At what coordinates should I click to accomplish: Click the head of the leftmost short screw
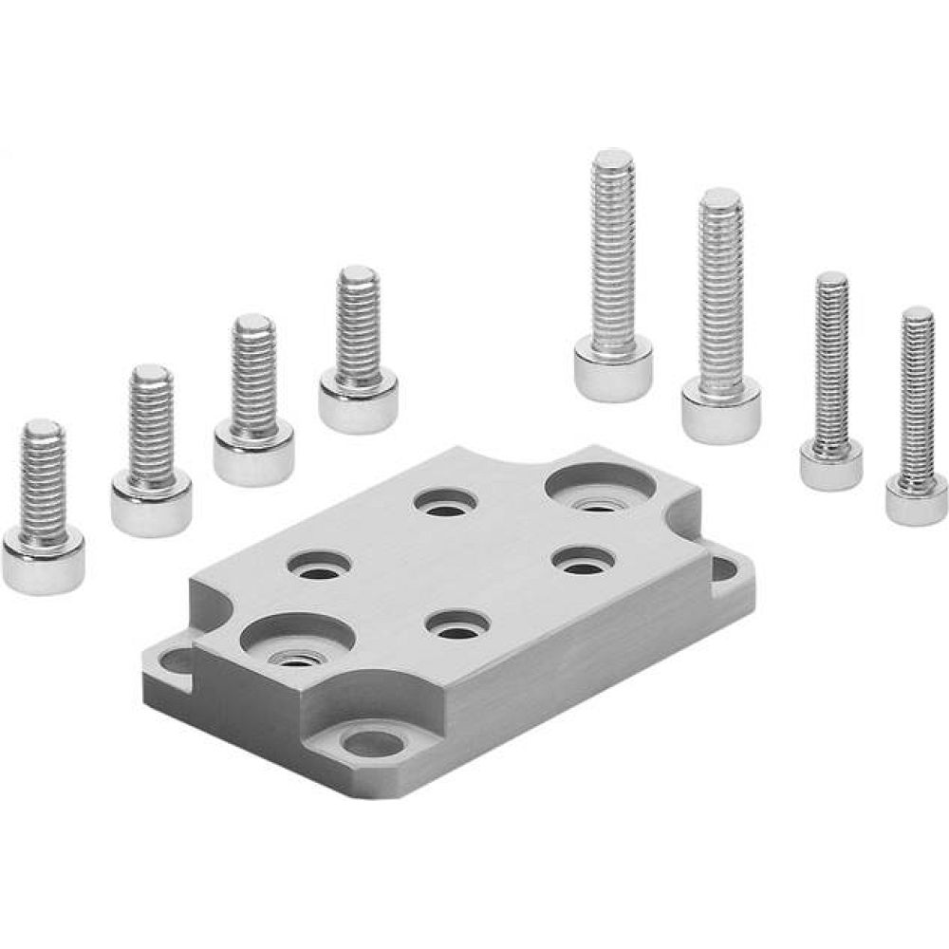tap(44, 562)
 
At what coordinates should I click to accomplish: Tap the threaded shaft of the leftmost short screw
tap(43, 484)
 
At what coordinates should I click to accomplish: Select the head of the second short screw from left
tap(151, 505)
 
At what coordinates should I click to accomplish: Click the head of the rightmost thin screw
tap(917, 499)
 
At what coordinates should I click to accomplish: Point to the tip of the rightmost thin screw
tap(917, 314)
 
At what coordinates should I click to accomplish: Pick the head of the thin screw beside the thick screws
tap(831, 465)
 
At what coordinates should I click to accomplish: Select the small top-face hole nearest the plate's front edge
tap(457, 625)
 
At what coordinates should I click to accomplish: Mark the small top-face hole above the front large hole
tap(320, 566)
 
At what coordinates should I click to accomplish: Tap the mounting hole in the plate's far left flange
tap(174, 657)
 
